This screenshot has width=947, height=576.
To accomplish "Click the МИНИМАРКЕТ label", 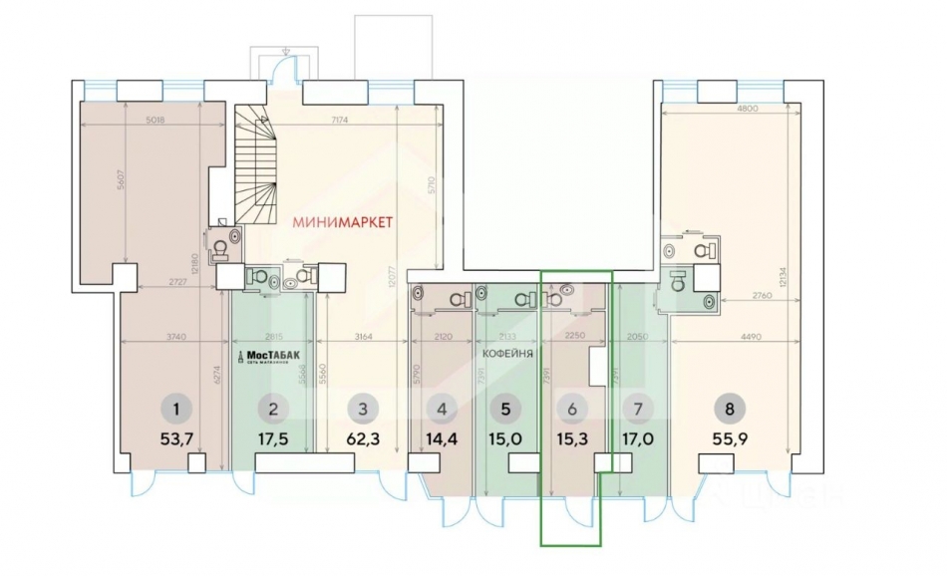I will tap(343, 221).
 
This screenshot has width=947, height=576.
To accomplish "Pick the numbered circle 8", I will tap(735, 407).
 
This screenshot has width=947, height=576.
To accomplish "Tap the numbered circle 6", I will tap(572, 407).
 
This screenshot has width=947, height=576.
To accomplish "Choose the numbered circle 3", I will tap(363, 407).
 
